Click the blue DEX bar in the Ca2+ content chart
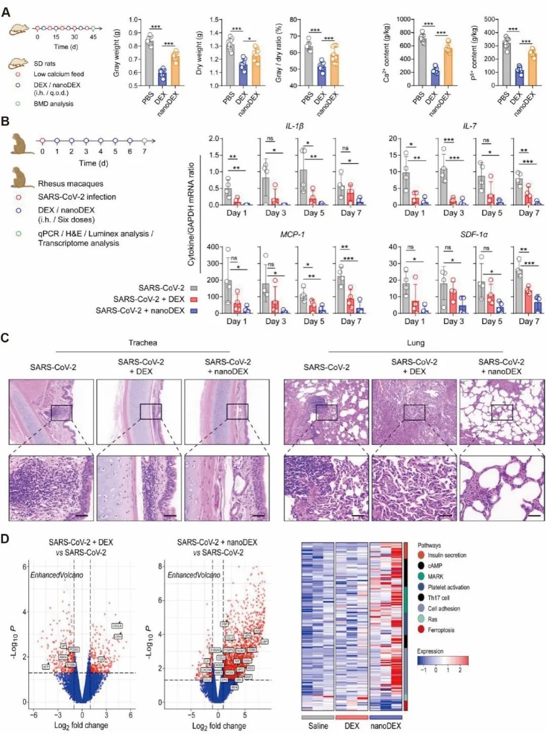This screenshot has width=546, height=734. tap(435, 78)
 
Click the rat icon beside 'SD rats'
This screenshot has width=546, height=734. tap(18, 63)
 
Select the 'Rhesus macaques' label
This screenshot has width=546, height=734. tap(70, 184)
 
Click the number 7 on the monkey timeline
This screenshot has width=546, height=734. tap(145, 151)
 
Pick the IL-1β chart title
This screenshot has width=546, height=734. tap(295, 126)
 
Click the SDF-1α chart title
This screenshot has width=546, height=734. tap(474, 235)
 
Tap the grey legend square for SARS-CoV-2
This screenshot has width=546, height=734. tap(194, 288)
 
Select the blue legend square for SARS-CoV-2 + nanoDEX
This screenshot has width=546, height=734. tap(194, 311)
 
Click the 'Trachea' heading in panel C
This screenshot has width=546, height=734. tap(143, 343)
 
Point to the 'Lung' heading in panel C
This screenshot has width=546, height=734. tap(416, 343)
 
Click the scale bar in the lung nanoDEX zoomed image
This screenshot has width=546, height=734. tap(535, 516)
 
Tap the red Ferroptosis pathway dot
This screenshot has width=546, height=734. tap(421, 630)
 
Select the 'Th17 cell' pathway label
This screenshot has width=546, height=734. tap(438, 598)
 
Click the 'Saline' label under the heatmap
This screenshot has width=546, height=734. tap(318, 725)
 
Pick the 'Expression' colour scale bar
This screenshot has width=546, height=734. tap(443, 660)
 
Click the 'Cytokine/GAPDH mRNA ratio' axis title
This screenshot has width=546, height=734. tap(191, 214)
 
